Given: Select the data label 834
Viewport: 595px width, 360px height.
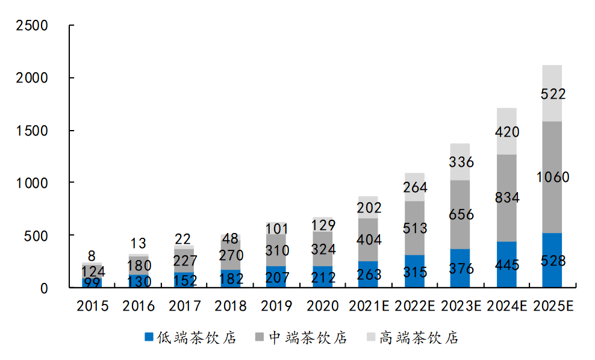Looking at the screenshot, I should (506, 197).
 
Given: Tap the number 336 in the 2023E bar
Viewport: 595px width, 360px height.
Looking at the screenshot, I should (461, 162).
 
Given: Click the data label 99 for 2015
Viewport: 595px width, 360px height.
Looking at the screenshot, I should (92, 281).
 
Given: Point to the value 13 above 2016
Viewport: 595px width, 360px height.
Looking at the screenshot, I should (139, 243).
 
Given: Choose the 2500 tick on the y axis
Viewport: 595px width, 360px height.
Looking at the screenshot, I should (33, 26).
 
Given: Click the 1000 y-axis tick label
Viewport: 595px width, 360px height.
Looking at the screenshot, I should (33, 182).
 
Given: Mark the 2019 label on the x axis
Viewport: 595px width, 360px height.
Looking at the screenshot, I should (276, 306).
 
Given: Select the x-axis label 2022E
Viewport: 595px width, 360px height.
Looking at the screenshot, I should (414, 306).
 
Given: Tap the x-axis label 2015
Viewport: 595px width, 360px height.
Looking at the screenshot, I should (92, 306).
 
